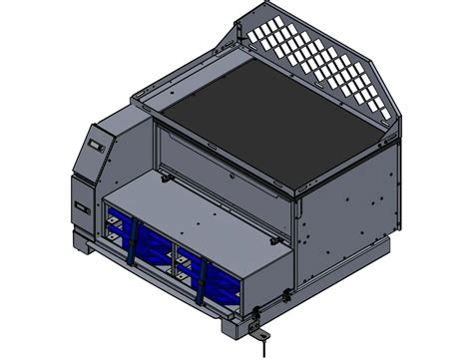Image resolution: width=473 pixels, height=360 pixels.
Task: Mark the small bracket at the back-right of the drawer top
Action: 282,236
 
